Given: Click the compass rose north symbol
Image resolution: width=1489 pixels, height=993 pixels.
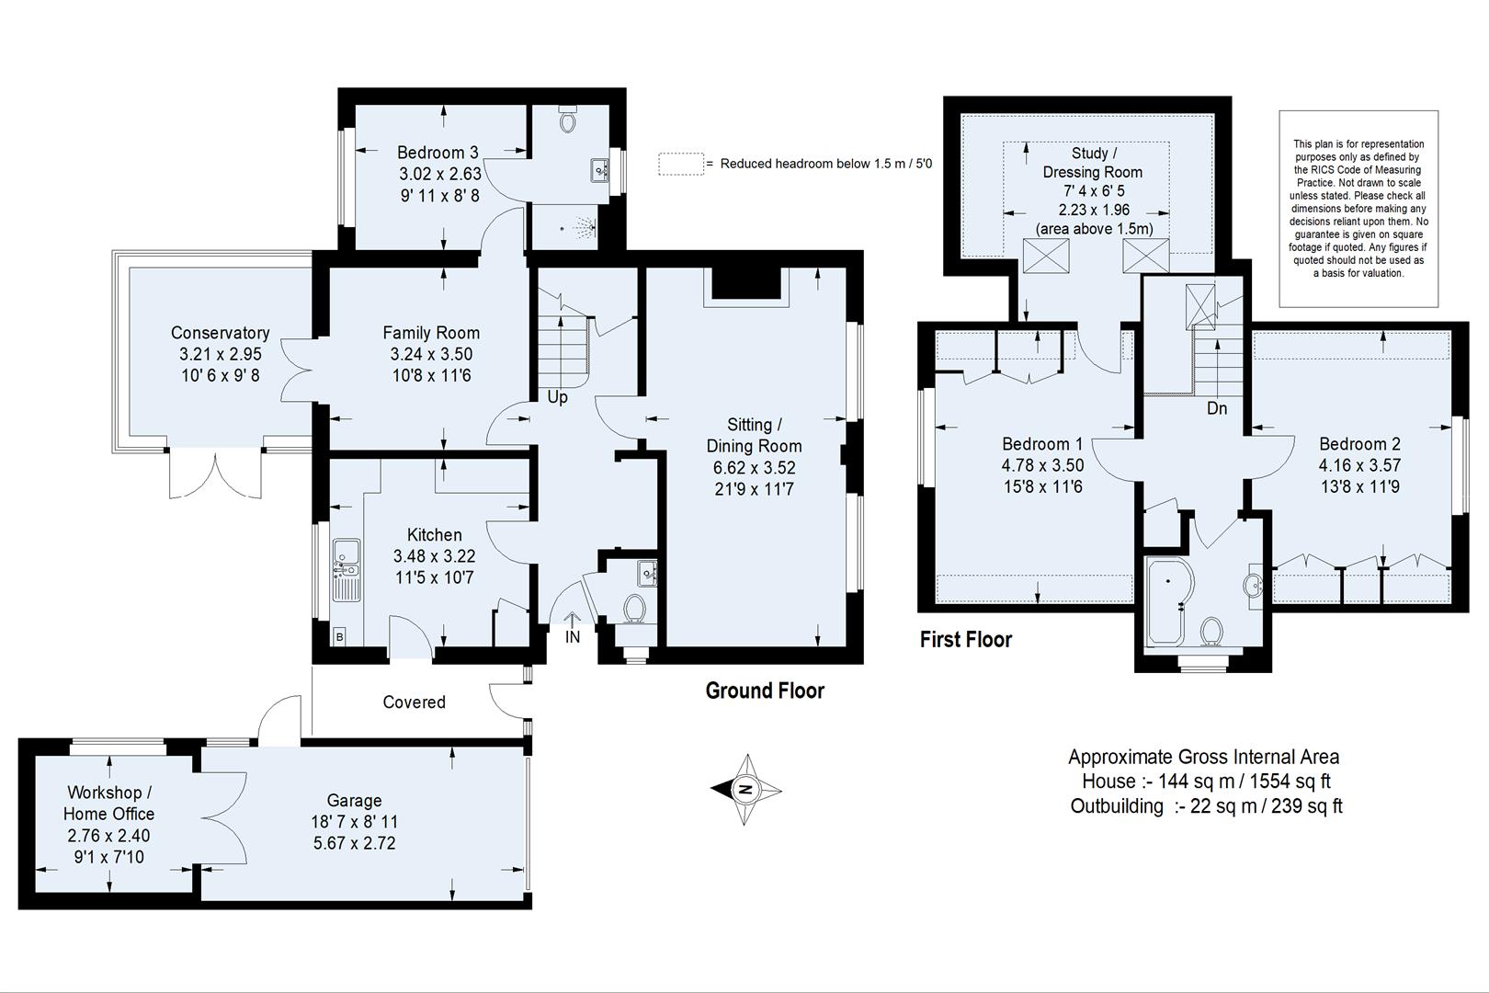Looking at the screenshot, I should (746, 789).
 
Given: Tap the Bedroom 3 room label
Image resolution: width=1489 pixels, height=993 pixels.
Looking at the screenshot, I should (438, 153).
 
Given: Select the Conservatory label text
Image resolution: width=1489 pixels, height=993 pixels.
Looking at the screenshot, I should (221, 333).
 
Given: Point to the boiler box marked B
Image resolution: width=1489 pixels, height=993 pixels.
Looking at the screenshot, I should (339, 636).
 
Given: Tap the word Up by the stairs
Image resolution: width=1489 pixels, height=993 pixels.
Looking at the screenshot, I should (557, 397).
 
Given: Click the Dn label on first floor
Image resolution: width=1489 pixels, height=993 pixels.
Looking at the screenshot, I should (1216, 408).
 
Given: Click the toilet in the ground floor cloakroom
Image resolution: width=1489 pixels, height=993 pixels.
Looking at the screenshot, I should (633, 608).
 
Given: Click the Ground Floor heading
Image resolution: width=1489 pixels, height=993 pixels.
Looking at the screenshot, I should (765, 691).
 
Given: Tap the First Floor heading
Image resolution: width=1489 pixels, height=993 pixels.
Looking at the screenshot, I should (965, 640).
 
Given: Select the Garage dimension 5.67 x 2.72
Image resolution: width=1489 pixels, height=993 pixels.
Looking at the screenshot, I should (354, 843).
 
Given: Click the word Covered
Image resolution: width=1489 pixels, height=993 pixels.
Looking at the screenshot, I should (414, 702).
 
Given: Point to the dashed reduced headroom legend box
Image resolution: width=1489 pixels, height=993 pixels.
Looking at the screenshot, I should (680, 164).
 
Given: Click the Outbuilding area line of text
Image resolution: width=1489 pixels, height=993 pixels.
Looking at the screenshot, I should (1206, 806).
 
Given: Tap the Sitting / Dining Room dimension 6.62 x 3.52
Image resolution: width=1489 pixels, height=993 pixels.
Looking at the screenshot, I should (754, 468).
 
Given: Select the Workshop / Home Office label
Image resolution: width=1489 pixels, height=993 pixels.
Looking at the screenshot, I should (108, 803).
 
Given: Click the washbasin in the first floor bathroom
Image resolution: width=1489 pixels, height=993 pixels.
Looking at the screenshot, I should (1254, 584).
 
